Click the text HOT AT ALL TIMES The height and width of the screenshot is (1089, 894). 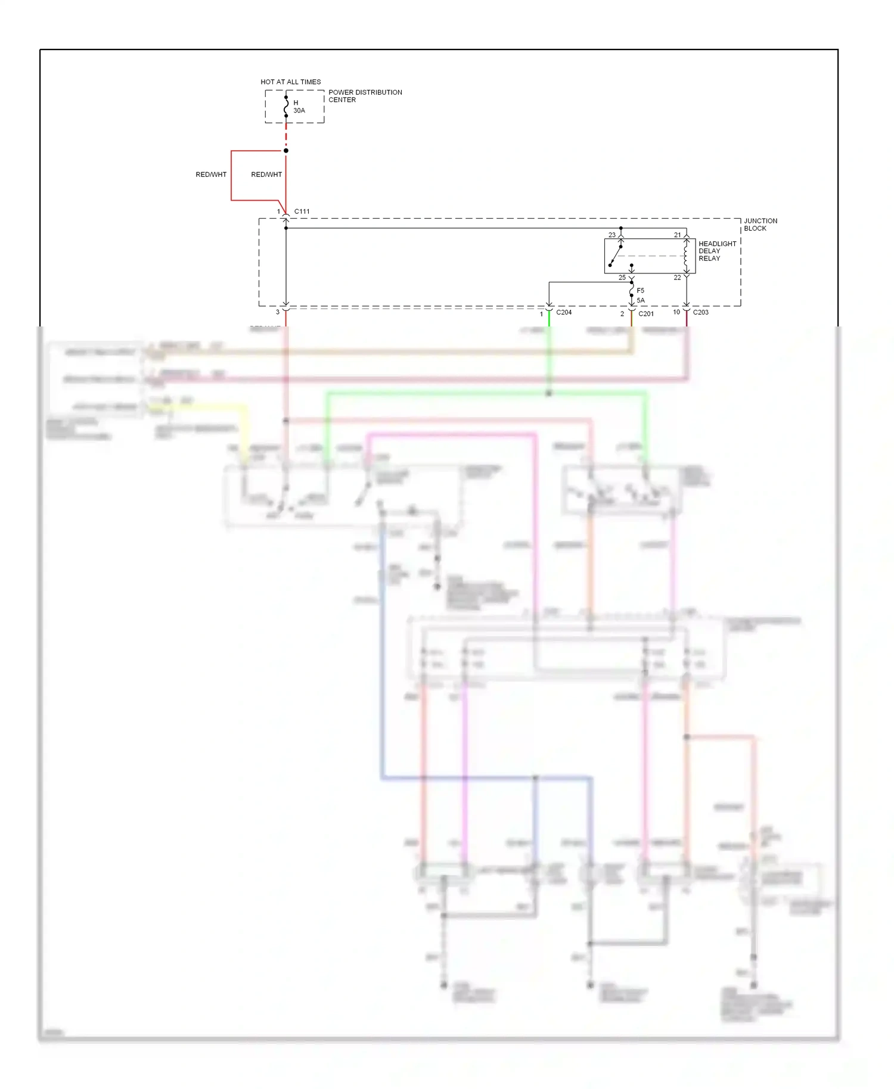coord(290,82)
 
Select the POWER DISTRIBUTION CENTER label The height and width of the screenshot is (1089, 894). coord(365,96)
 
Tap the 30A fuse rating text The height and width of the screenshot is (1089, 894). coord(299,111)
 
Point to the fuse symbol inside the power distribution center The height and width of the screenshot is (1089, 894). coord(286,106)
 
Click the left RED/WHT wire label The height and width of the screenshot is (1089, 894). coord(211,175)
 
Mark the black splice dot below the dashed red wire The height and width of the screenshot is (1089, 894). coord(286,151)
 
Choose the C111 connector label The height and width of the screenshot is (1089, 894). coord(302,211)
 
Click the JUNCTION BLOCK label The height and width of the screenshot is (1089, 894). coord(760,225)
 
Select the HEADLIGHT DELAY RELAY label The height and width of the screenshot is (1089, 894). coord(717,251)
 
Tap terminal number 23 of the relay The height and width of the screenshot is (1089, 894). coord(611,235)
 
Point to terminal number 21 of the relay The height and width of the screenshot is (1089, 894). coord(677,235)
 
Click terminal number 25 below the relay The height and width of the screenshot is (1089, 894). coord(622,278)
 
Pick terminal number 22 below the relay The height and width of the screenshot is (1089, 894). coord(677,278)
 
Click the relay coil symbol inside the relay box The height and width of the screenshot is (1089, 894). coord(686,256)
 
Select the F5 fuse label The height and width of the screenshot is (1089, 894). coord(640,291)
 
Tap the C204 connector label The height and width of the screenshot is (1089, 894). coord(564,312)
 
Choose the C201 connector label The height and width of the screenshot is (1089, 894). coord(646,313)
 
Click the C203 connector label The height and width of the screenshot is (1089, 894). coord(700,312)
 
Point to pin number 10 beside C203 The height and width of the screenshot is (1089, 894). coord(676,312)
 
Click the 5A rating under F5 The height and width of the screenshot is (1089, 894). coord(640,300)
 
